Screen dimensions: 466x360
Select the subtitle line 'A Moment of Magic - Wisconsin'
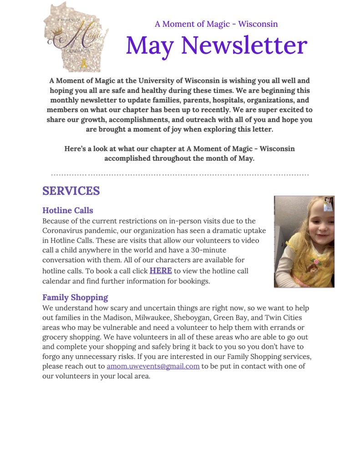[216, 24]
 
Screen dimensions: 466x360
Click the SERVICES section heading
[71, 190]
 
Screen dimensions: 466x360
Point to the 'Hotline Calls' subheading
[68, 210]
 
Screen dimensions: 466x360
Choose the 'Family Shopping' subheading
[75, 297]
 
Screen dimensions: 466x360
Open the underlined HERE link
[161, 271]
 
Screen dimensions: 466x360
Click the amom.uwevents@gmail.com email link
[153, 366]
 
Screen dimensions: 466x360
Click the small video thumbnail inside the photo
[329, 205]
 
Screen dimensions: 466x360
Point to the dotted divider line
[180, 174]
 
